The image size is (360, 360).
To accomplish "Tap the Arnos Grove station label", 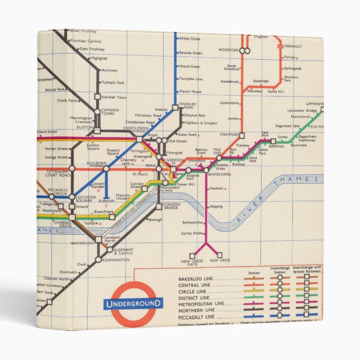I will pos(190,39).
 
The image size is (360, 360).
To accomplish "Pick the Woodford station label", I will pos(228,50).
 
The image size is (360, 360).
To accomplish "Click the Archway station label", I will pos(110,70).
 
